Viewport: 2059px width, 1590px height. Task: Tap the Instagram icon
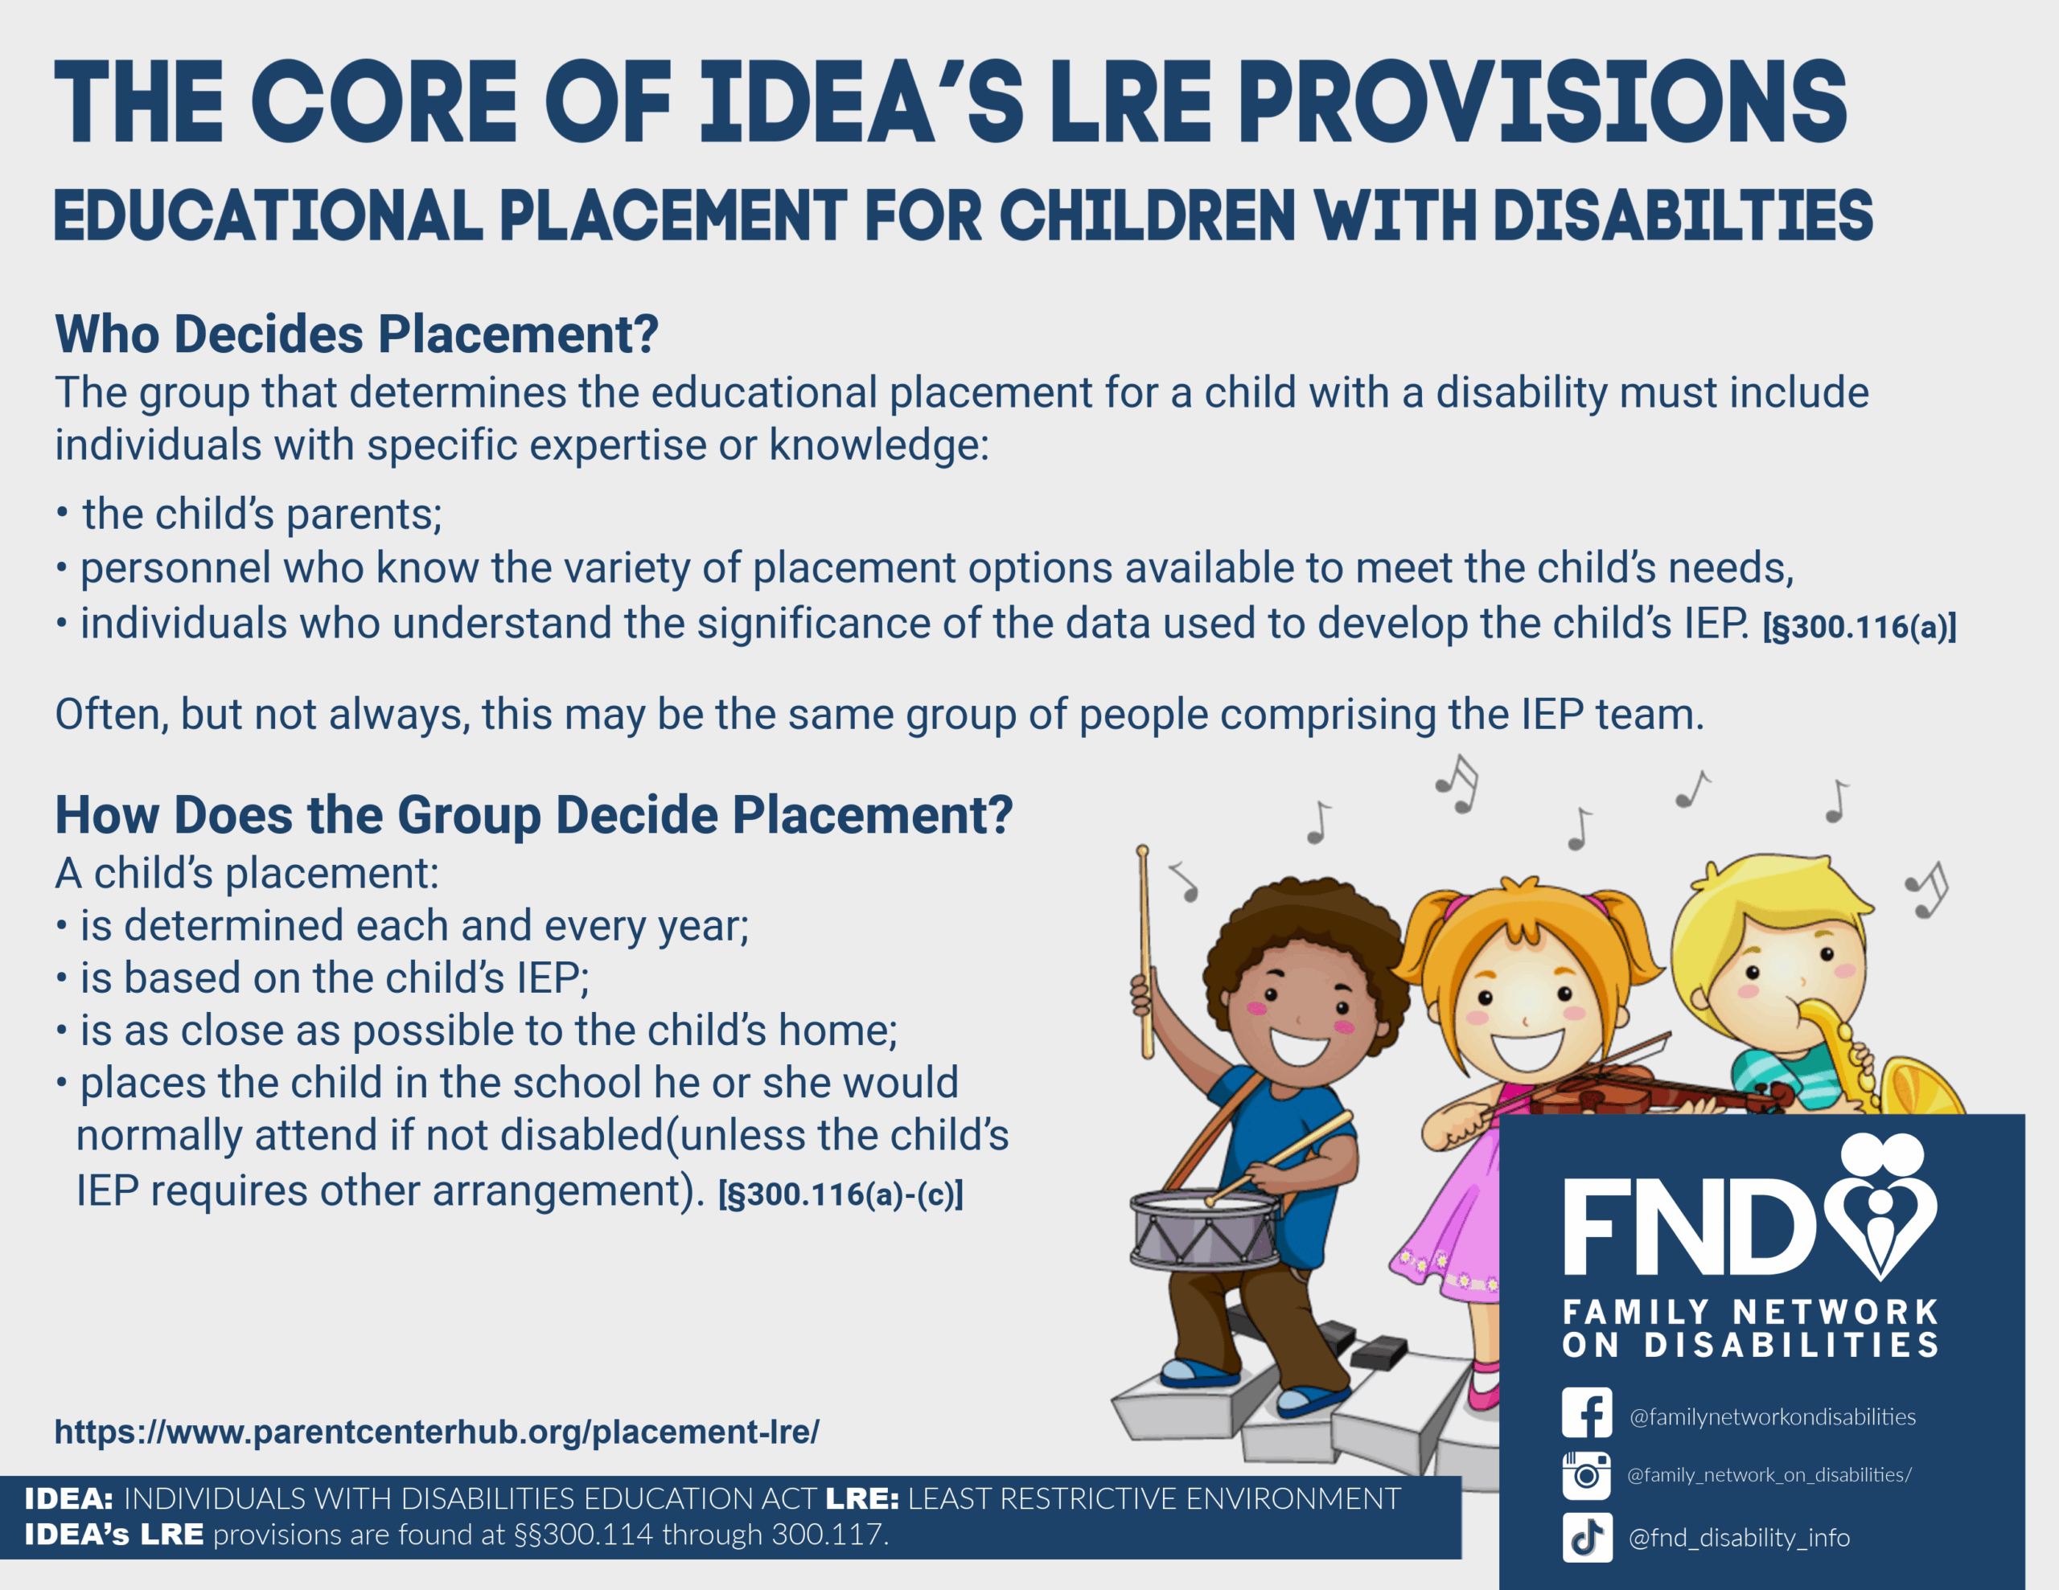pyautogui.click(x=1586, y=1475)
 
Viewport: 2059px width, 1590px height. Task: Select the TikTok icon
pyautogui.click(x=1586, y=1537)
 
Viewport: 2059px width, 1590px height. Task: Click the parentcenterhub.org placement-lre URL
pyautogui.click(x=437, y=1432)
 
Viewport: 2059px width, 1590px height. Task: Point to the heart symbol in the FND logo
pyautogui.click(x=1880, y=1206)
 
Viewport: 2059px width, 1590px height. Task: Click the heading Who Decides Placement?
pyautogui.click(x=356, y=334)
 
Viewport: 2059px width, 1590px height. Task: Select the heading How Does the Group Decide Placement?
pyautogui.click(x=533, y=814)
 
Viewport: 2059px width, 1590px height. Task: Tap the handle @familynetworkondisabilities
pyautogui.click(x=1773, y=1416)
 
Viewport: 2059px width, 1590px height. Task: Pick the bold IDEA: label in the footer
pyautogui.click(x=69, y=1498)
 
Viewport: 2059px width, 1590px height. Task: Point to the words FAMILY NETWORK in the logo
pyautogui.click(x=1751, y=1312)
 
